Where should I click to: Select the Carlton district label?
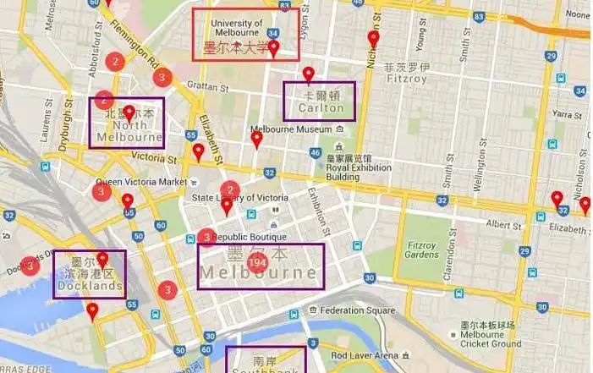(321, 108)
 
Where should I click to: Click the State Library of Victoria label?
(240, 198)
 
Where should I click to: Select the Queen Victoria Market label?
(140, 181)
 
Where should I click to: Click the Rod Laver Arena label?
(364, 354)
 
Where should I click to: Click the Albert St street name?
(505, 226)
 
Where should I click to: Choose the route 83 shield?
(284, 6)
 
